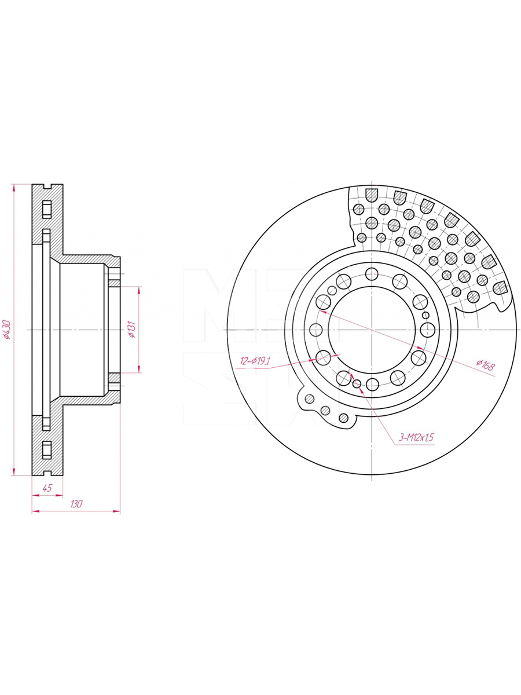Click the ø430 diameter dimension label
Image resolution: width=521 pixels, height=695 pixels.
(x=6, y=330)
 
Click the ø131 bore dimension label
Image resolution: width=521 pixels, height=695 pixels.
(x=132, y=330)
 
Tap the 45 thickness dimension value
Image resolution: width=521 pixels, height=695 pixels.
(x=47, y=488)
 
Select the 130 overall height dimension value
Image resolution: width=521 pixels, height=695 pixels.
(x=76, y=504)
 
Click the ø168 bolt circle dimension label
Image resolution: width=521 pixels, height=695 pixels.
(x=485, y=365)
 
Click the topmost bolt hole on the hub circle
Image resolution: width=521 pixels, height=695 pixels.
(x=372, y=274)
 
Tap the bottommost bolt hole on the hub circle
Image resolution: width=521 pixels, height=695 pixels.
(x=373, y=385)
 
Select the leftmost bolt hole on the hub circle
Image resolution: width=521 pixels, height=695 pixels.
(x=317, y=330)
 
